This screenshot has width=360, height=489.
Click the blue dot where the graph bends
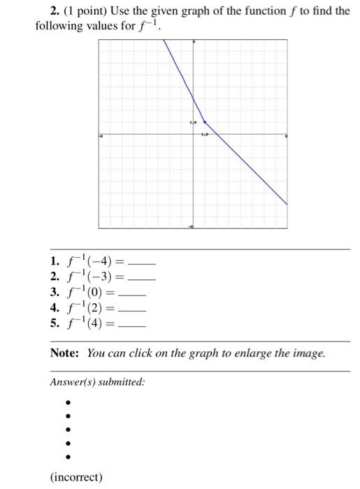(204, 121)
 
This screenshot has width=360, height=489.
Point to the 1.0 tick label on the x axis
(205, 133)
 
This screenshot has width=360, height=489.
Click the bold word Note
(65, 353)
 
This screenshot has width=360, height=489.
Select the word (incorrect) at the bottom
(76, 477)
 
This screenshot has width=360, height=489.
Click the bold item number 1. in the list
(55, 262)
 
